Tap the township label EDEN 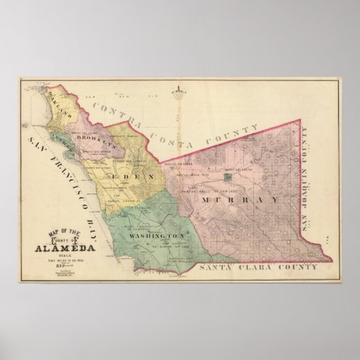[138, 177]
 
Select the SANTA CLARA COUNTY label [249, 269]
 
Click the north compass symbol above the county [178, 93]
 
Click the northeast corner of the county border [299, 121]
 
